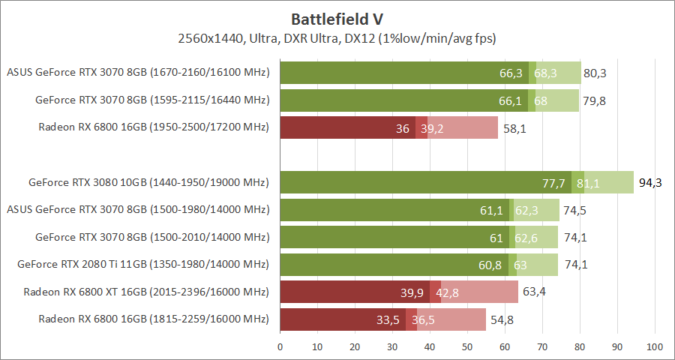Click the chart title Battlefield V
[x=337, y=19]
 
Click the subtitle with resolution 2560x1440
[x=337, y=37]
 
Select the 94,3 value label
[x=650, y=182]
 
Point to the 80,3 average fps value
[x=595, y=73]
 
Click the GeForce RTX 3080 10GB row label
[x=148, y=182]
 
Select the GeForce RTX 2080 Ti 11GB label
[x=143, y=264]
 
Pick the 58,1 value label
[x=514, y=128]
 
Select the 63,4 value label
[x=534, y=292]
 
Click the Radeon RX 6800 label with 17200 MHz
[x=153, y=127]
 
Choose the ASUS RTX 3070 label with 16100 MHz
[x=137, y=73]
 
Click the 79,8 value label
[x=593, y=100]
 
